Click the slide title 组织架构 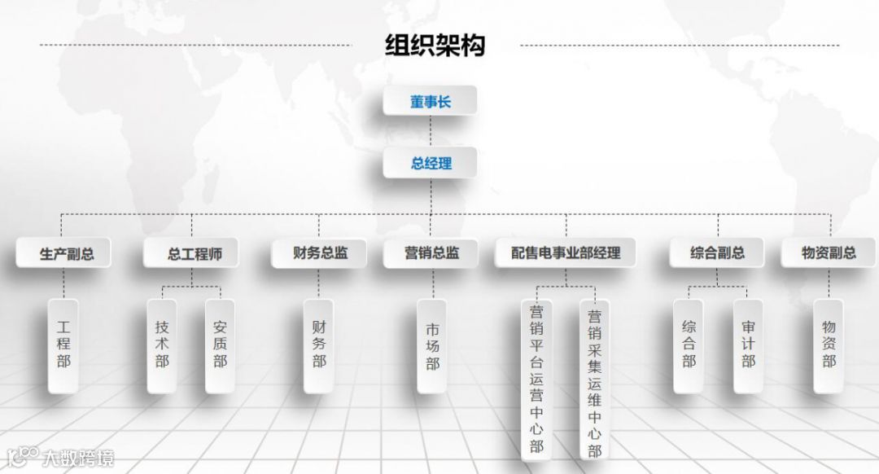tap(435, 45)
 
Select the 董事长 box tap(431, 103)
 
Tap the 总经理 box tap(431, 163)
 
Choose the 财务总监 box tap(320, 253)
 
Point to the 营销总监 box tap(431, 253)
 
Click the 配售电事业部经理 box tap(566, 253)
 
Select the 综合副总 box tap(717, 253)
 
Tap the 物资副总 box tap(829, 253)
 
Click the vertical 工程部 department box tap(63, 345)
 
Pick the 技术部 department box tap(162, 345)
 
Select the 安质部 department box tap(220, 345)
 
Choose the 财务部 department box tap(319, 345)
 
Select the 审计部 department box tap(748, 345)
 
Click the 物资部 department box tap(829, 345)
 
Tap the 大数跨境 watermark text tap(78, 458)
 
